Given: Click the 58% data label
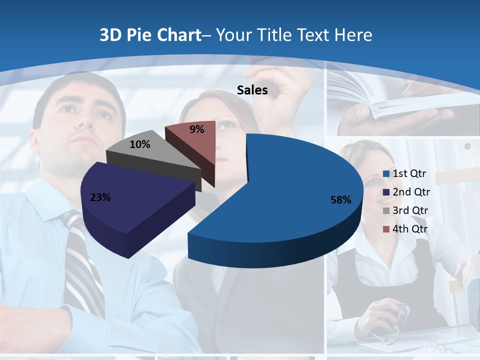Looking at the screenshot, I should tap(341, 200).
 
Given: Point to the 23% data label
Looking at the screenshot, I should tap(100, 197).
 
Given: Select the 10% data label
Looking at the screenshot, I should tap(140, 144).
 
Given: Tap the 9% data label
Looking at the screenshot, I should tap(197, 129).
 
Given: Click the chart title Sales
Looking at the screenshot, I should tap(252, 90).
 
